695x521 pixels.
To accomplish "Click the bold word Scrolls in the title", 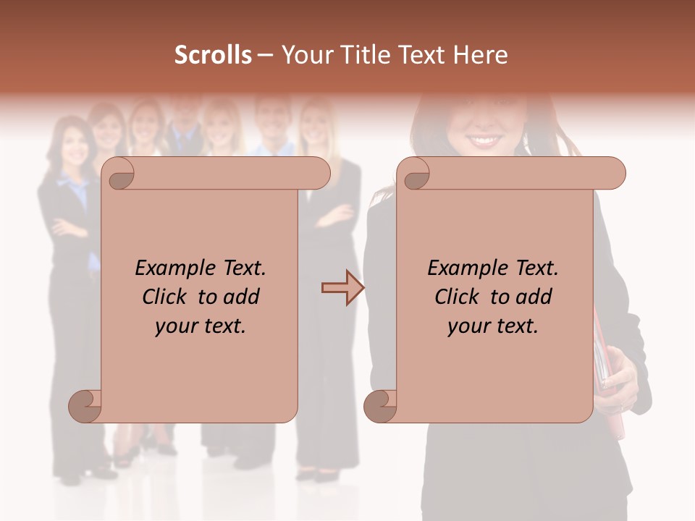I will pyautogui.click(x=213, y=55).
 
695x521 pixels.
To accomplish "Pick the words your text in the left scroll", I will pyautogui.click(x=201, y=326).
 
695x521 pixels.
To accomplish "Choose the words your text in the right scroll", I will pyautogui.click(x=493, y=326).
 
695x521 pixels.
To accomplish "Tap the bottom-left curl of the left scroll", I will pyautogui.click(x=85, y=406).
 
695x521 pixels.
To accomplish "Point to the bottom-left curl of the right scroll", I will pyautogui.click(x=380, y=406).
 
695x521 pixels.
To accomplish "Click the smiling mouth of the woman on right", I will pyautogui.click(x=483, y=140).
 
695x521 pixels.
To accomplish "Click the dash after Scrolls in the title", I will pyautogui.click(x=266, y=55).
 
